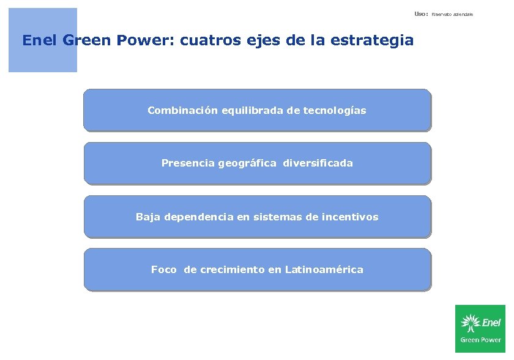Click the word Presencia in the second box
[x=188, y=163]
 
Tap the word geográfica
[x=247, y=163]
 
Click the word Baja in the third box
[x=147, y=217]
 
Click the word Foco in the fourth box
[x=164, y=270]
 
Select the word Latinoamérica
[x=324, y=270]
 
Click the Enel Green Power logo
[x=480, y=329]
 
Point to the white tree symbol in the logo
[x=470, y=323]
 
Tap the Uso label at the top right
[x=420, y=13]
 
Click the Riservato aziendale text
[x=452, y=13]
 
